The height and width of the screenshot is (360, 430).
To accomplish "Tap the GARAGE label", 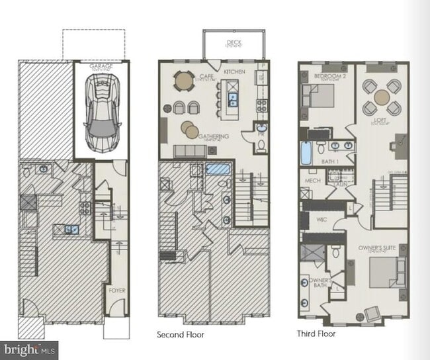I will click(101, 67).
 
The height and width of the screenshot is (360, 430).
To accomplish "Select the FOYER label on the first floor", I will click(117, 290).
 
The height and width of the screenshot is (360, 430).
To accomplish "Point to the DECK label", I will click(234, 42).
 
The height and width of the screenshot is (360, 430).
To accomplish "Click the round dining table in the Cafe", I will click(183, 81).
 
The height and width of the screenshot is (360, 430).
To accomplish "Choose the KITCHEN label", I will click(234, 71).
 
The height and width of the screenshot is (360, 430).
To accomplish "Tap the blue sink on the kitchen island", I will click(234, 99).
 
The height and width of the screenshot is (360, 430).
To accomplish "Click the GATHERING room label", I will click(213, 136).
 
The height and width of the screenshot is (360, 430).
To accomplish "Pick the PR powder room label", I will click(262, 132).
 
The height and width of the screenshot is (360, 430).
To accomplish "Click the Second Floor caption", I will click(180, 335).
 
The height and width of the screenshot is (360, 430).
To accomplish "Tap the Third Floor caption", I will click(316, 334).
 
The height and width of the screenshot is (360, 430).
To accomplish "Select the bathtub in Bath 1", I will click(307, 154).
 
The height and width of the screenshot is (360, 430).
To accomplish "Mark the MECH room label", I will click(312, 180).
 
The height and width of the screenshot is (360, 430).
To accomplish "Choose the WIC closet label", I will click(322, 219).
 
